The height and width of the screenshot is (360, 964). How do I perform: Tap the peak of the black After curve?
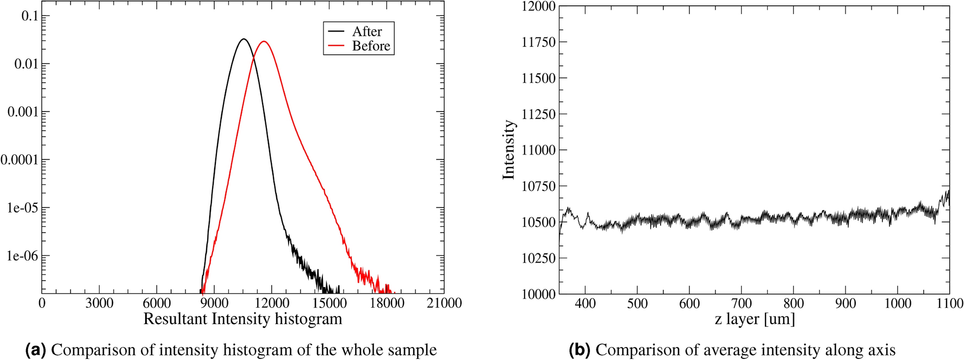(x=244, y=39)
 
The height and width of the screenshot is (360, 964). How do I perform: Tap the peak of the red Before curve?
(x=264, y=41)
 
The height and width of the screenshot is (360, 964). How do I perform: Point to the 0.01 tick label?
(x=24, y=64)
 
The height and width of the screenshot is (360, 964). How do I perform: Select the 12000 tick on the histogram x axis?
(x=271, y=303)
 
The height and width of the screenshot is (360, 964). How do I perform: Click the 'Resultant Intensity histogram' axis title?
(x=242, y=319)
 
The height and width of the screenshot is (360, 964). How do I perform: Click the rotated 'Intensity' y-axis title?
(x=508, y=150)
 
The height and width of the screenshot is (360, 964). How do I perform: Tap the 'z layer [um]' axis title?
(x=755, y=319)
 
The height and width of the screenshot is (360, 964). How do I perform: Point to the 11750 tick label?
(x=538, y=42)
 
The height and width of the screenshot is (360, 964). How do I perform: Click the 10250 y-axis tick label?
(x=538, y=258)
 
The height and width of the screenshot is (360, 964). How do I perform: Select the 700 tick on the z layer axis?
(x=741, y=303)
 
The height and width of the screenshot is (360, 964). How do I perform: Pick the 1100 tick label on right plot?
(x=949, y=303)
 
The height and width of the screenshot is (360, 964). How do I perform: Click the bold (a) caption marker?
(x=36, y=350)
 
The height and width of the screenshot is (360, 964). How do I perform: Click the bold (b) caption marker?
(x=580, y=350)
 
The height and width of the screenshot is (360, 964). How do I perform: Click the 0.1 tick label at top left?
(x=30, y=16)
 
